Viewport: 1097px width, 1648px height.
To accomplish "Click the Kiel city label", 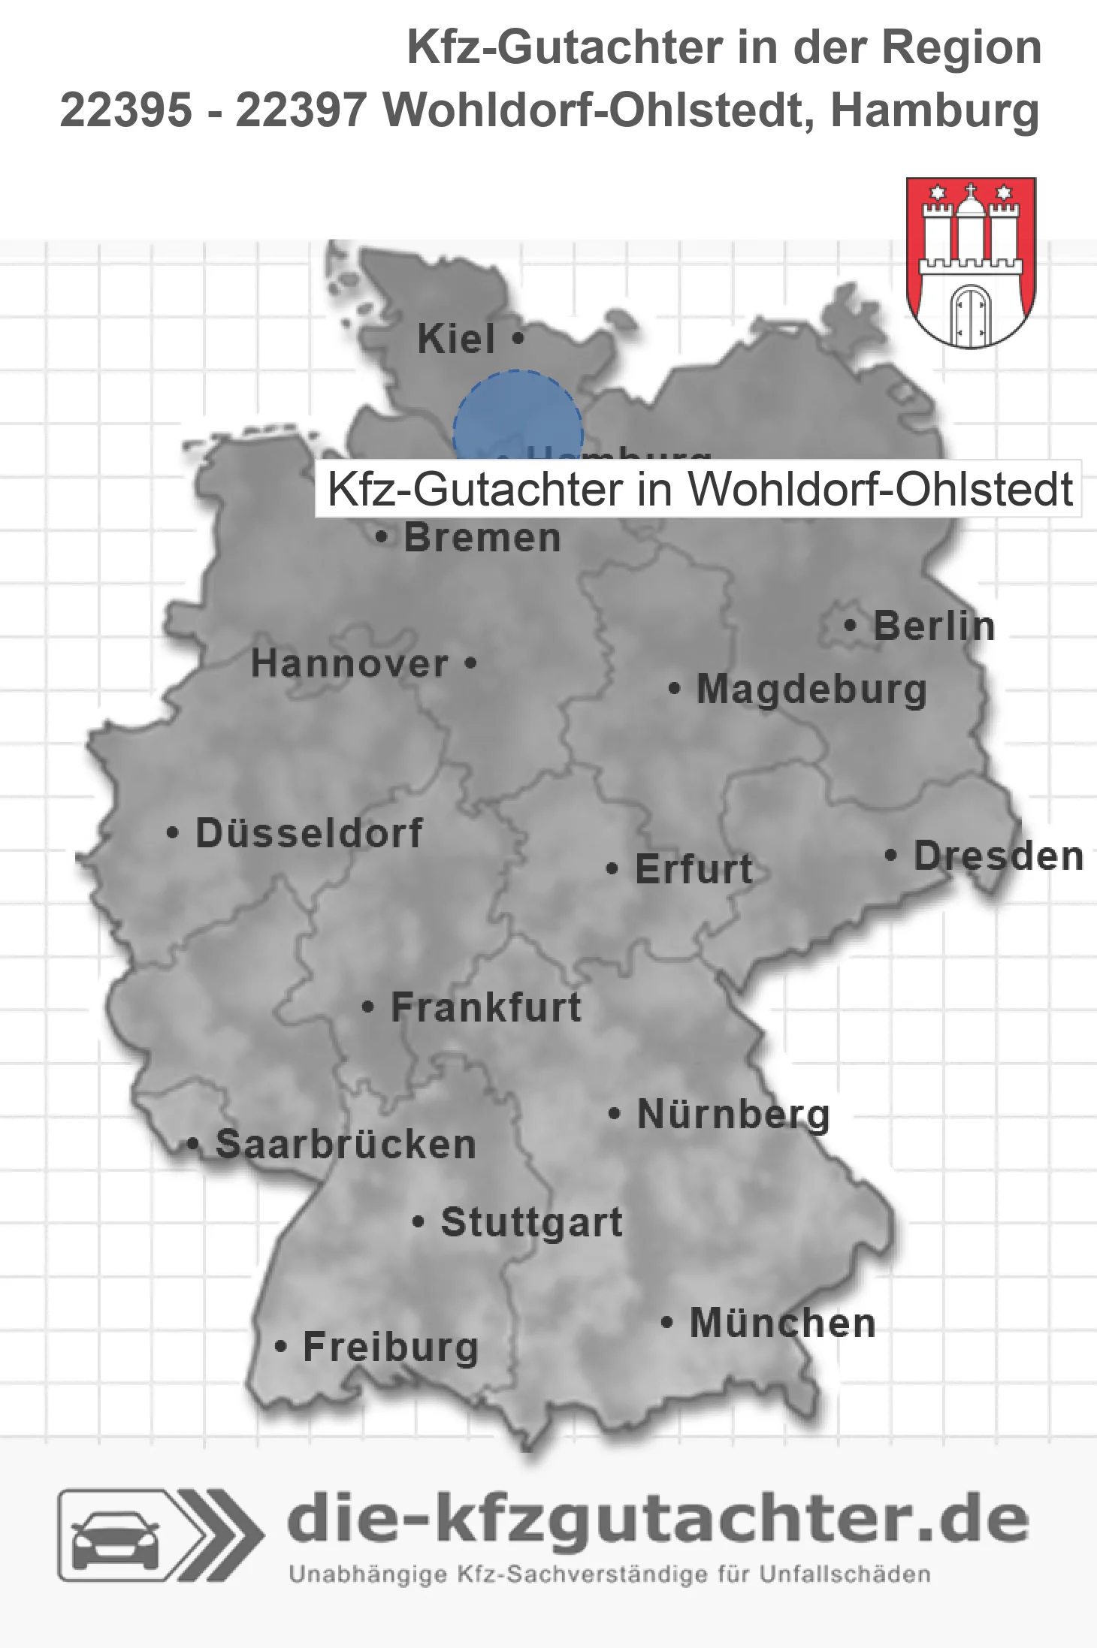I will [456, 339].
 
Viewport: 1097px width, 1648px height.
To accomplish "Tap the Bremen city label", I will [482, 538].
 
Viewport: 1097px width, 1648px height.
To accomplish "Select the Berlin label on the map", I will [934, 626].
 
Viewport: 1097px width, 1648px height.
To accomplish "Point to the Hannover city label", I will [349, 663].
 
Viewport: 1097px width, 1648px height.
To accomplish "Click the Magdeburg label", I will [811, 690].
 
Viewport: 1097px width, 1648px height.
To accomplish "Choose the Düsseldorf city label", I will [309, 833].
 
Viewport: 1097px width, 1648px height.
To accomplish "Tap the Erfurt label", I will [694, 869].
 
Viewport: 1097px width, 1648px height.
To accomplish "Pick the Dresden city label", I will [999, 856].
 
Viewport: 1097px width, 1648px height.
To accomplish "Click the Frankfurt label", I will [486, 1007].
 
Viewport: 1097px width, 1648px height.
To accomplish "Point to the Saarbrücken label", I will [346, 1145].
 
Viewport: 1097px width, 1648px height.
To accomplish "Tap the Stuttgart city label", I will [531, 1222].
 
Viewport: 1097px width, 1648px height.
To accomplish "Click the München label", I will [782, 1323].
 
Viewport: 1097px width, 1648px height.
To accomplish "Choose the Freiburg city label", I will [390, 1347].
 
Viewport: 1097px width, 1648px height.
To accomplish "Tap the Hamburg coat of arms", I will [971, 262].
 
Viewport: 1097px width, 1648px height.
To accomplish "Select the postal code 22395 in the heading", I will [125, 110].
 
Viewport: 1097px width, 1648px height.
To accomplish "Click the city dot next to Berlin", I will [851, 626].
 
